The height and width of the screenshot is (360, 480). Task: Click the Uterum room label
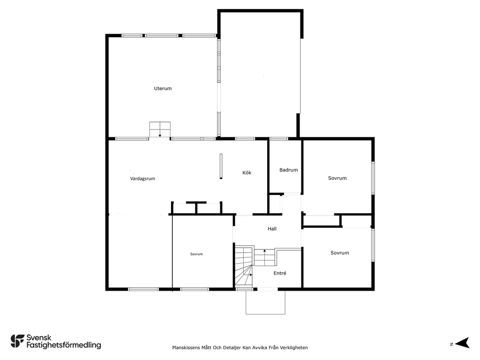coord(163,89)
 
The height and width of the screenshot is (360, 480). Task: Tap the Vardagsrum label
coord(142,179)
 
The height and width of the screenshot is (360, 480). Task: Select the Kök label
coord(247,172)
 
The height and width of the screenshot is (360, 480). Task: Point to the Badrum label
coord(288,170)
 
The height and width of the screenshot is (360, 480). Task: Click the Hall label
coord(272,229)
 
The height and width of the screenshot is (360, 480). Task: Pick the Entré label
coord(280,273)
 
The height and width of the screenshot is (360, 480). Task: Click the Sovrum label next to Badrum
coord(337,178)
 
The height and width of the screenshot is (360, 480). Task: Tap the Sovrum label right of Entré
coord(340,253)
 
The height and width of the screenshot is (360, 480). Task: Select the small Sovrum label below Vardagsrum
coord(196,254)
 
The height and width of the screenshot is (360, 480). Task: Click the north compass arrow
coord(463,343)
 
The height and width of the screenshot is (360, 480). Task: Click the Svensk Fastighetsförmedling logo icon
coord(17,341)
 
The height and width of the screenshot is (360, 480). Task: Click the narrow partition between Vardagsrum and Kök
coord(221,166)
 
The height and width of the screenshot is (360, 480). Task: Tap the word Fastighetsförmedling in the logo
coord(64,345)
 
